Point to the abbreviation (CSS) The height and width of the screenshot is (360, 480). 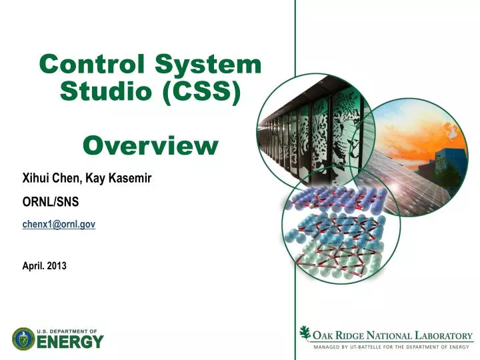pos(200,91)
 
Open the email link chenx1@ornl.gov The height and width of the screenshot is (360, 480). pos(59,225)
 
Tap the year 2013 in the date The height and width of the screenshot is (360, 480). pos(56,265)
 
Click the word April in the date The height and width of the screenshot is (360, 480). pos(33,265)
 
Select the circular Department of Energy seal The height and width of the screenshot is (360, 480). pos(23,339)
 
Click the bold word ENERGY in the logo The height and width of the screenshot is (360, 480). pos(70,342)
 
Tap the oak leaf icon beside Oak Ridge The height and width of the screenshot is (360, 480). pos(305,333)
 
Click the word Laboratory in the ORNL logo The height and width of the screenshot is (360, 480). pos(443,336)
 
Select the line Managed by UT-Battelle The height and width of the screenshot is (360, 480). pos(391,347)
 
